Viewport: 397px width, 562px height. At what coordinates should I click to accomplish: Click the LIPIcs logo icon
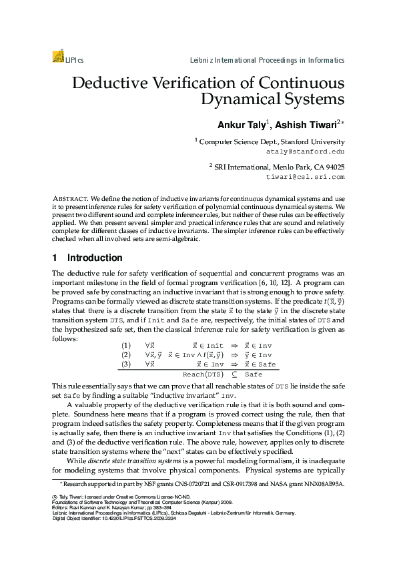click(x=57, y=58)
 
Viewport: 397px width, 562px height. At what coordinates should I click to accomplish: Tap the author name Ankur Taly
click(x=242, y=125)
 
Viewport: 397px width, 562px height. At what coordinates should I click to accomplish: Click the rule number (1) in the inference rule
click(x=126, y=346)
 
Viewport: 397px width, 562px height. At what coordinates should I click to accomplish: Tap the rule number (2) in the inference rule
click(x=126, y=355)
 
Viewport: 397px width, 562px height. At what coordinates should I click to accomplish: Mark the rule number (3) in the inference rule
click(x=126, y=364)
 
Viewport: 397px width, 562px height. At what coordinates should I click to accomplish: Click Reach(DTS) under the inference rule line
click(x=202, y=375)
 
